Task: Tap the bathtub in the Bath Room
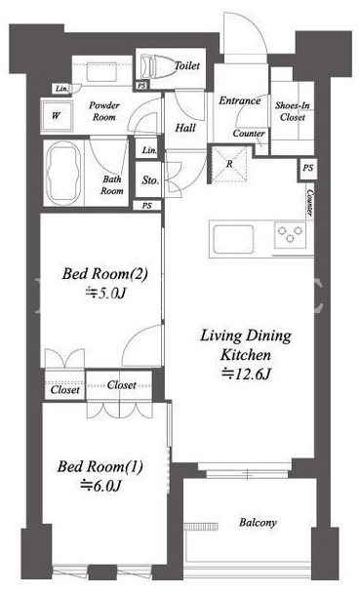coord(63,175)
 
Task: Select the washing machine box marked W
coord(57,115)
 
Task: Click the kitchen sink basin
coord(233,239)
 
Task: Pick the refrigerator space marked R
coord(229,165)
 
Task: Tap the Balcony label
coord(258,523)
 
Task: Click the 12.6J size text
coord(246,374)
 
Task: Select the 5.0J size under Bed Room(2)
coord(105,293)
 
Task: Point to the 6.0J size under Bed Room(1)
coord(100,486)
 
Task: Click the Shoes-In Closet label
coord(292,111)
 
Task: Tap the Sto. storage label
coord(150,180)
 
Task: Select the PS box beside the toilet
coord(141,86)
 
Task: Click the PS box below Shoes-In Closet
coord(307,168)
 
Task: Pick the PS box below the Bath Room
coord(147,206)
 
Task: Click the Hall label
coord(185,128)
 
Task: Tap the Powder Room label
coord(104,111)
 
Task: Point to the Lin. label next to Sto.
coord(149,150)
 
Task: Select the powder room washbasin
coord(100,72)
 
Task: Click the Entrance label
coord(240,100)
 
